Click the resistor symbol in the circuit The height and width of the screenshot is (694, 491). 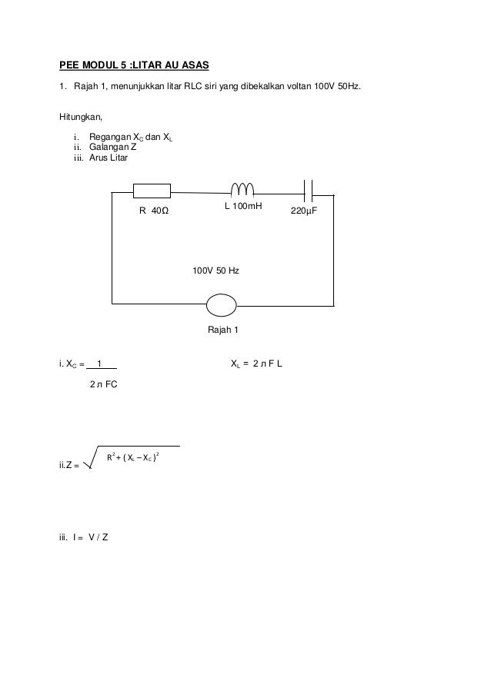(152, 191)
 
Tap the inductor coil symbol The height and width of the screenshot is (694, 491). (243, 189)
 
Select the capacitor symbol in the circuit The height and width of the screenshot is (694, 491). (309, 189)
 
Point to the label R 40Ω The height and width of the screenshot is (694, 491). (153, 210)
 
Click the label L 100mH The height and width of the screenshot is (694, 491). (243, 208)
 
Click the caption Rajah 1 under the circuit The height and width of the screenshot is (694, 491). (224, 330)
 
